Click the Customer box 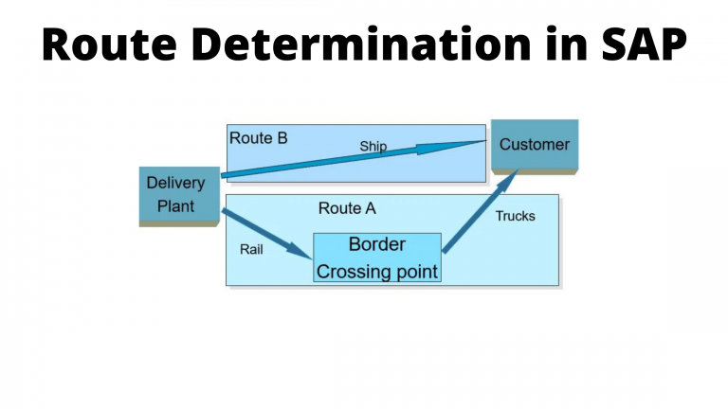[535, 146]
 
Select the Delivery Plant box [175, 195]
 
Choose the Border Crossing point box [377, 258]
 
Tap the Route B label [258, 138]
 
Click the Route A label [347, 208]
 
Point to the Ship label [373, 147]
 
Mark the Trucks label [515, 217]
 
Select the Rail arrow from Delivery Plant [265, 232]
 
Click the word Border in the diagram [377, 244]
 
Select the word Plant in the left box [176, 206]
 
